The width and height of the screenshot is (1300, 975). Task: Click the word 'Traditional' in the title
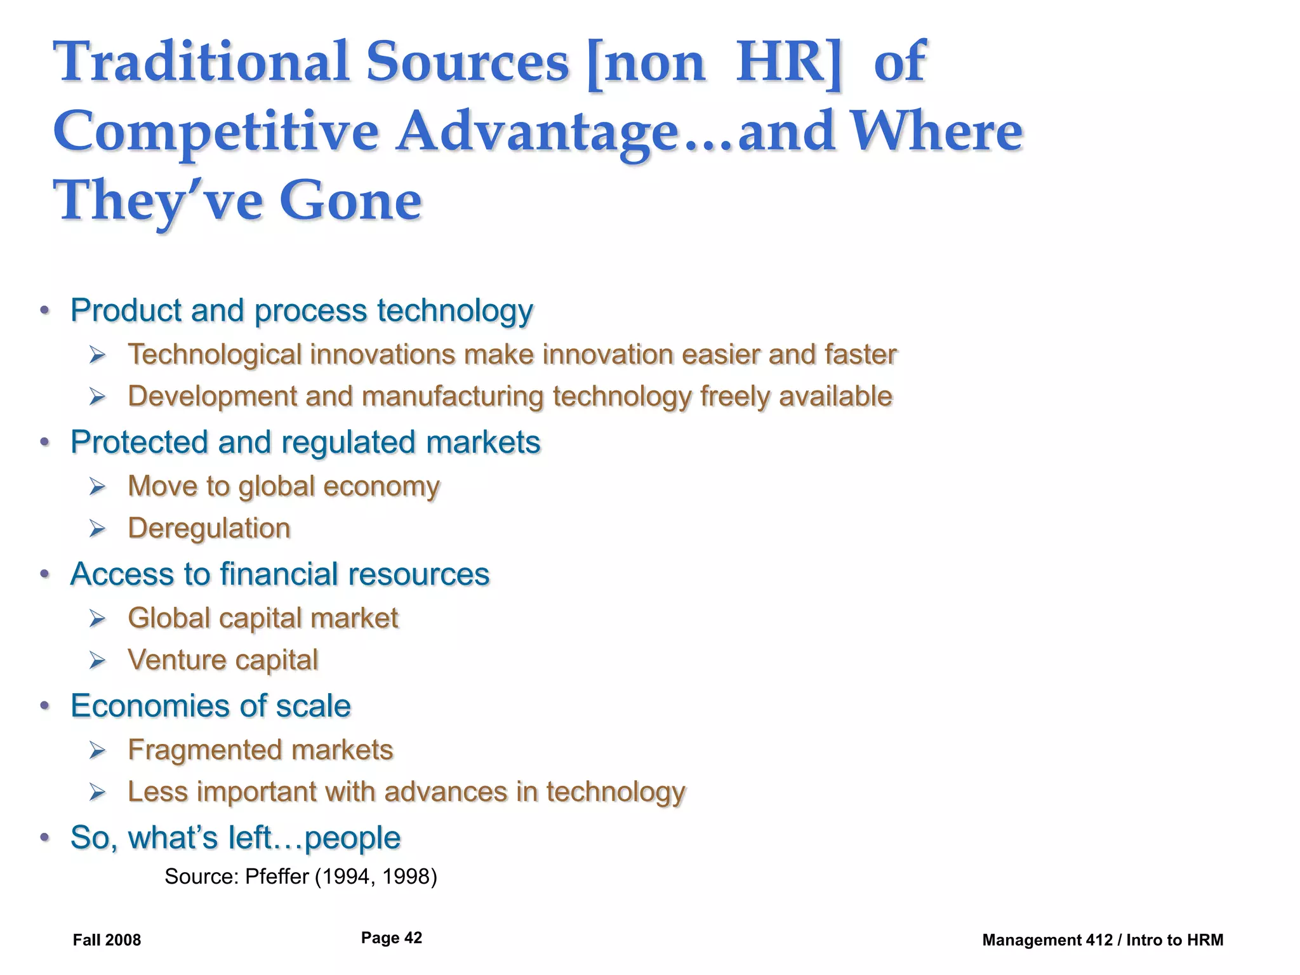201,62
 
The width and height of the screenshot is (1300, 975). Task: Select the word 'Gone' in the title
350,201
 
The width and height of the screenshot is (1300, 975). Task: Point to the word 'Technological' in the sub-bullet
215,355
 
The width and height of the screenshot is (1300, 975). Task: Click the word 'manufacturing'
453,397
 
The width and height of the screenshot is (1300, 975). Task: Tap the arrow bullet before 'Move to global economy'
97,487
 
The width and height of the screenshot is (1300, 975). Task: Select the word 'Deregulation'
209,529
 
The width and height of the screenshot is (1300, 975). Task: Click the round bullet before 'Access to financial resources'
44,574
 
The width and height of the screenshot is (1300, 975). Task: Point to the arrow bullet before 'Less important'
97,792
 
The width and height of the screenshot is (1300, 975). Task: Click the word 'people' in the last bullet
352,839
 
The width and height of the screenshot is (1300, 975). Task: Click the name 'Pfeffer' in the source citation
276,877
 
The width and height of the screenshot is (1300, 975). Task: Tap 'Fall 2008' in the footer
107,940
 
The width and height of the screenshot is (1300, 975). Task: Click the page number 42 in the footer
413,938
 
